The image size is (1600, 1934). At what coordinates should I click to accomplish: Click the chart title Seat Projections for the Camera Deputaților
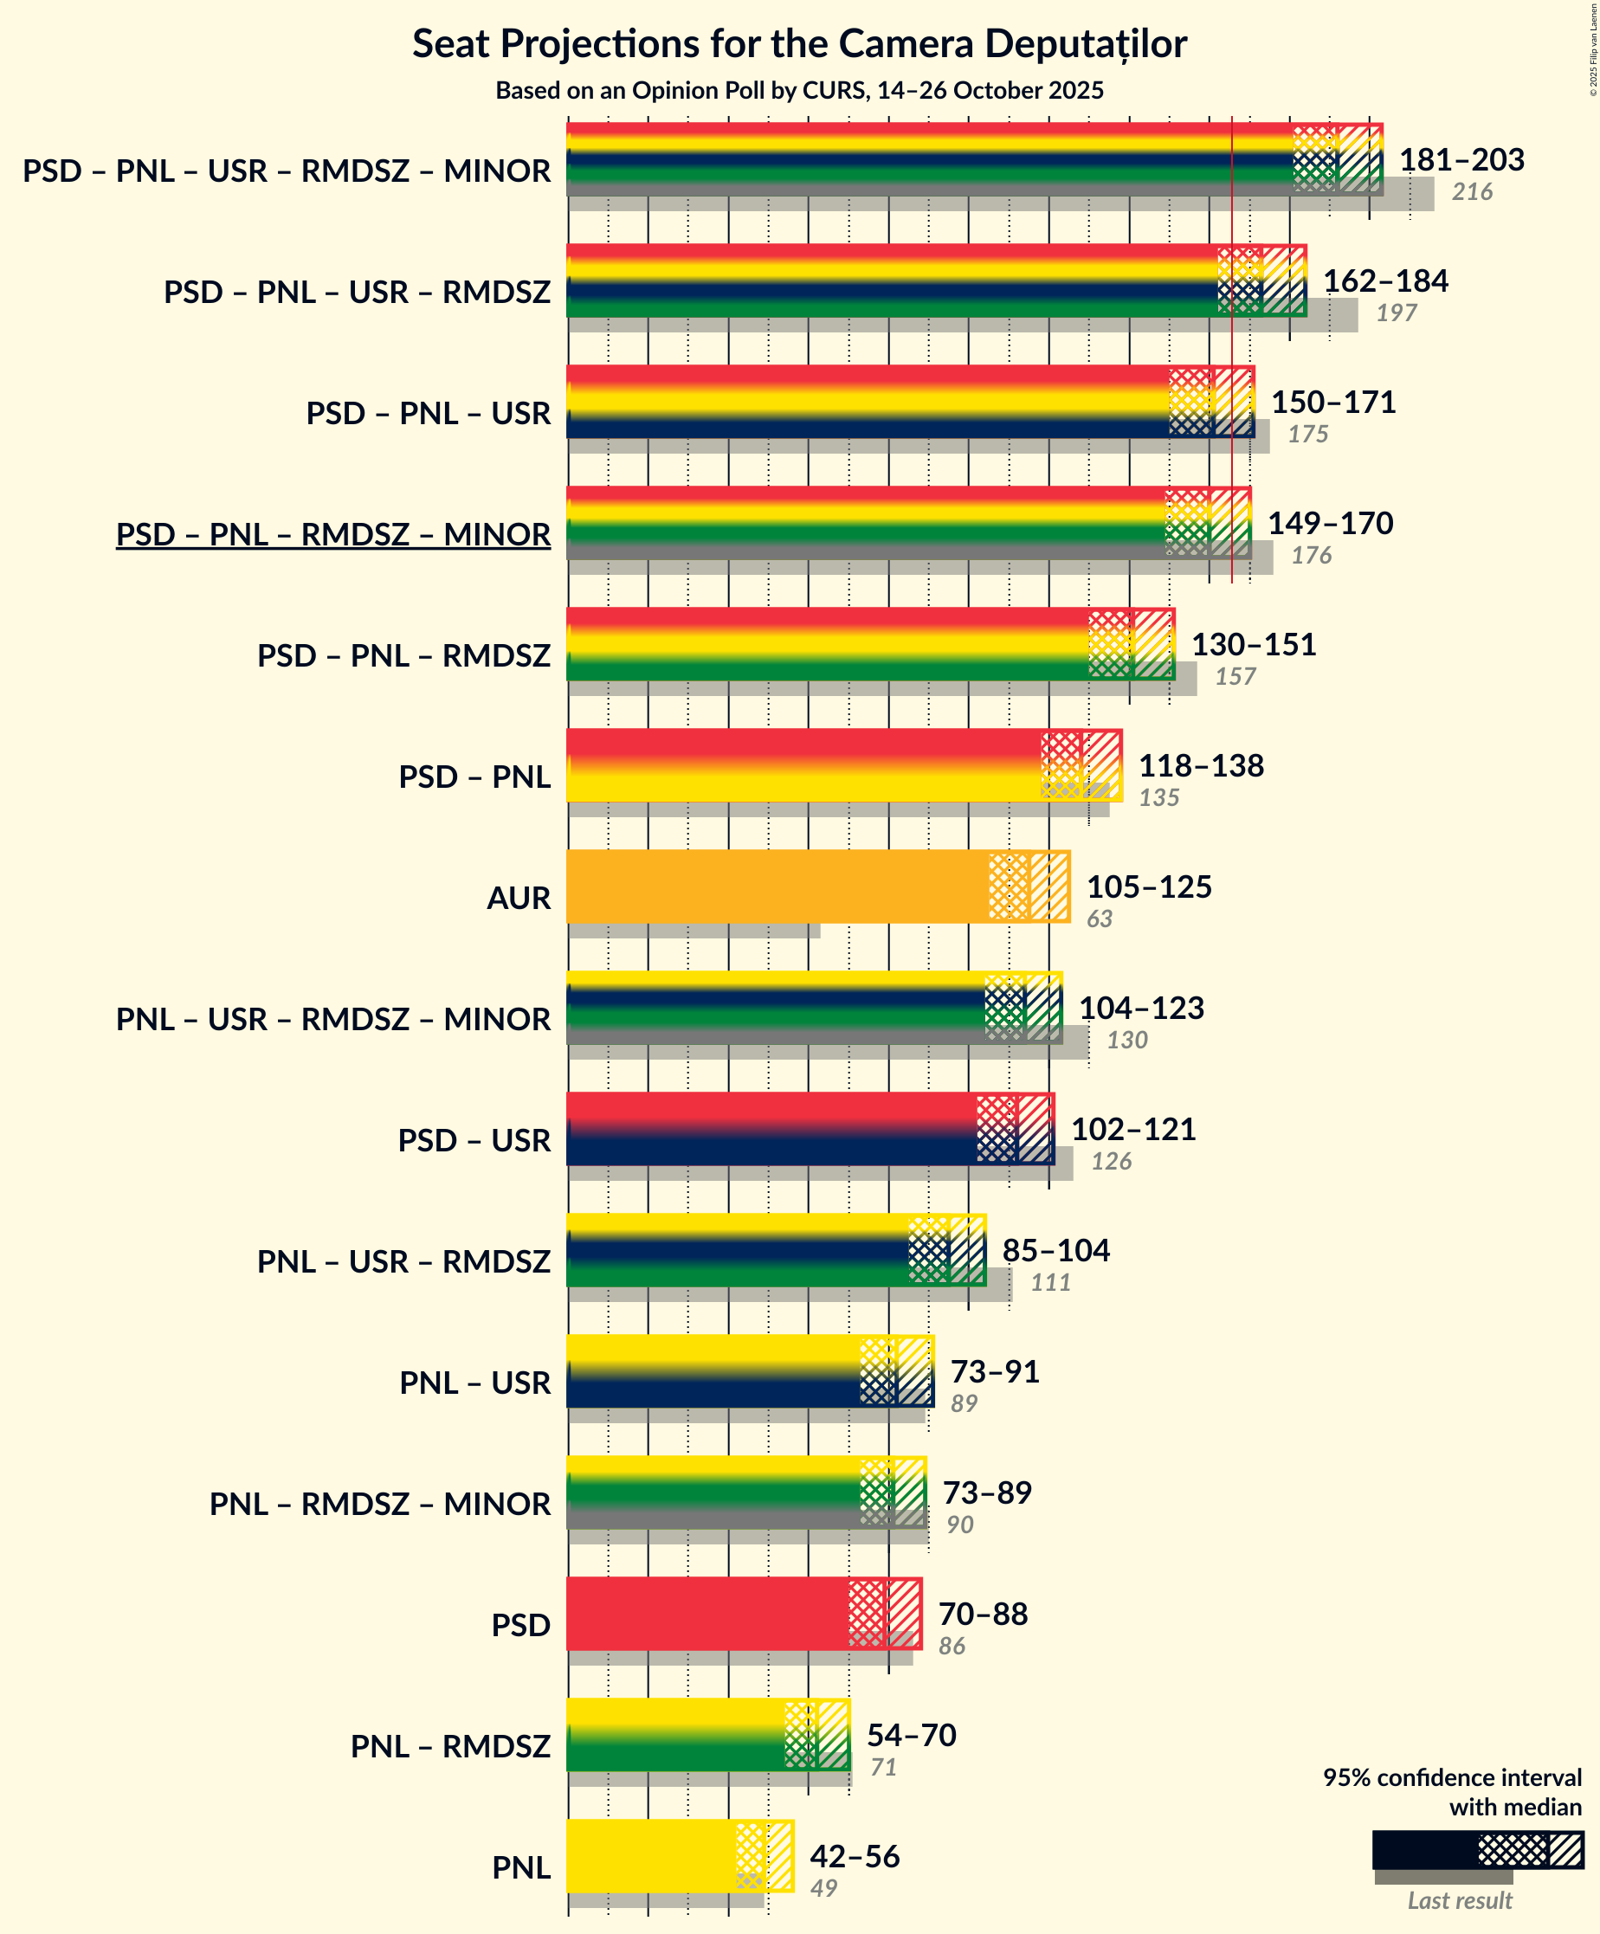798,43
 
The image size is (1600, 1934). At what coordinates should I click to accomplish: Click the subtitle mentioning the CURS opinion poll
798,90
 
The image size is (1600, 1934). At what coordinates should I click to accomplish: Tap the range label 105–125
1149,886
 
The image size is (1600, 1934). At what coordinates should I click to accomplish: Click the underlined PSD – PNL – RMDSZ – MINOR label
332,534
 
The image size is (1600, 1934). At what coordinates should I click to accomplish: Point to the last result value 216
1471,191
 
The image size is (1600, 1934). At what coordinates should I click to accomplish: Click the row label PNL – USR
474,1383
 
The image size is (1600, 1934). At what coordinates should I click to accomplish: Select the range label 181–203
1461,159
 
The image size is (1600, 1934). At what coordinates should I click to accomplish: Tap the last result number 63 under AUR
1099,919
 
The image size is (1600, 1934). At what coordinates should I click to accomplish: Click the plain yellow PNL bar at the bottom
650,1856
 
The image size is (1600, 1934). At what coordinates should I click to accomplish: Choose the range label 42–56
854,1856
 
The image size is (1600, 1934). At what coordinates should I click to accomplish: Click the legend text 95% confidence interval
1452,1777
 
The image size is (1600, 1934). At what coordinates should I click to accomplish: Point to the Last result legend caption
1459,1900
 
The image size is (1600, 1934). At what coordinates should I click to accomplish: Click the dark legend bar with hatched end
1476,1849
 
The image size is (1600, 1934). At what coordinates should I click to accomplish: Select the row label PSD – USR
474,1140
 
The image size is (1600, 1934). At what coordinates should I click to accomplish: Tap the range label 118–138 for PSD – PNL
1200,765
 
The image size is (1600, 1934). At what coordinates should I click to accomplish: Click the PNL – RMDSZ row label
449,1746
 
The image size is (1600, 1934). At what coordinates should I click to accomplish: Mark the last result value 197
1396,313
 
